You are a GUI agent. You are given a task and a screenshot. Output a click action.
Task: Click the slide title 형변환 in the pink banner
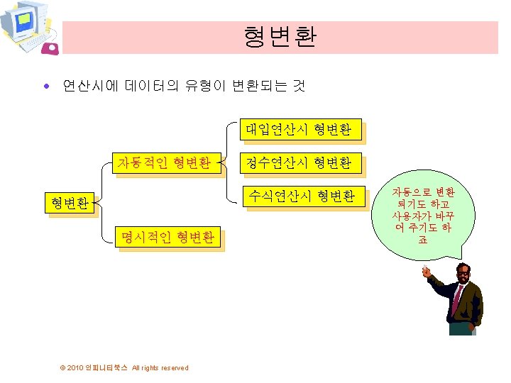[x=280, y=37]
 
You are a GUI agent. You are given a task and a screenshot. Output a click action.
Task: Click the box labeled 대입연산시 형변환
[x=299, y=129]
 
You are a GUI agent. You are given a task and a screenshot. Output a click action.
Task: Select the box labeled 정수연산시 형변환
[x=299, y=163]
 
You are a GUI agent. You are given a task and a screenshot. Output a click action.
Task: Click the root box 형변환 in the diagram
[x=68, y=204]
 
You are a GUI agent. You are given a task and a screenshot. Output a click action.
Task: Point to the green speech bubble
[x=423, y=216]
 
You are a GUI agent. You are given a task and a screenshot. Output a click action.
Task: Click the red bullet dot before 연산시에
[x=47, y=87]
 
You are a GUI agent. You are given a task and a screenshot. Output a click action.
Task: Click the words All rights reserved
[x=160, y=367]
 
